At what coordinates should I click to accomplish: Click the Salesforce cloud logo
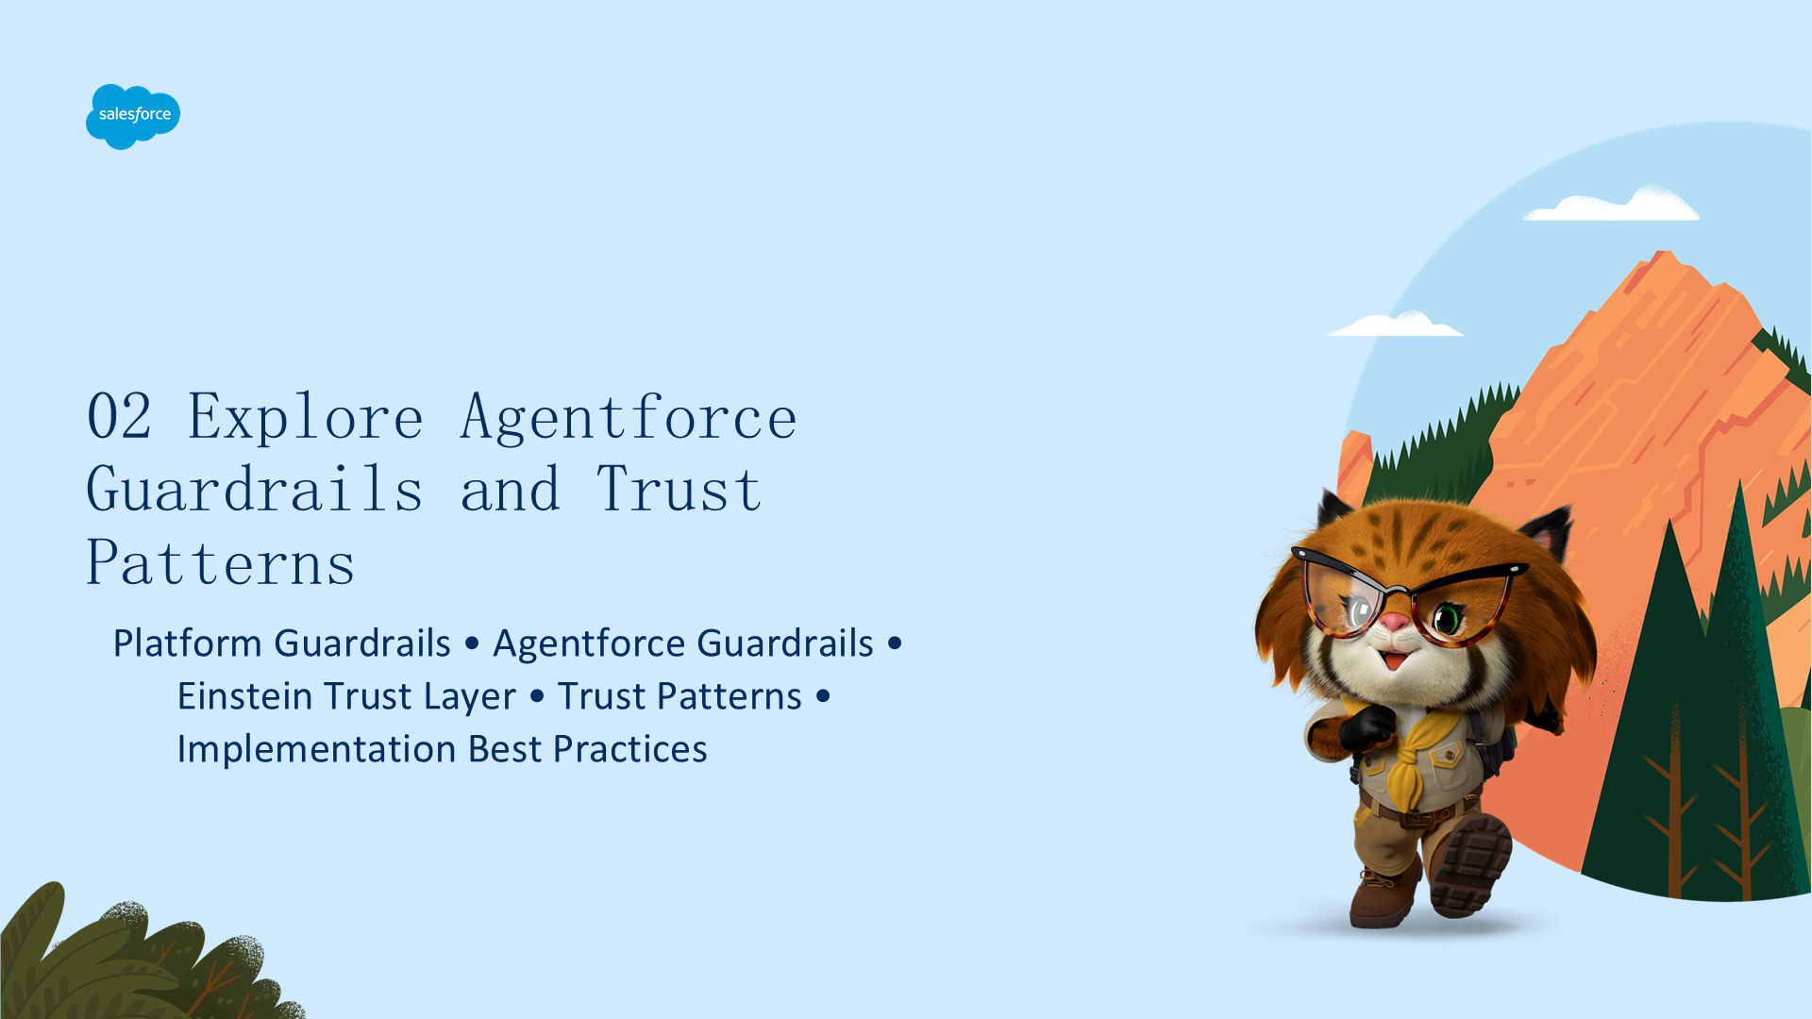point(133,116)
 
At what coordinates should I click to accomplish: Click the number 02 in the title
point(119,416)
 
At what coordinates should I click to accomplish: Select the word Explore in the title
point(305,418)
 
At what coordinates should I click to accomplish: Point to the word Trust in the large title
point(679,489)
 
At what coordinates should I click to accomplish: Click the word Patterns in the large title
point(221,562)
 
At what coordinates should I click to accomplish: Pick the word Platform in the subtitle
point(187,643)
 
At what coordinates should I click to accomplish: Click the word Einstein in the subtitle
point(244,695)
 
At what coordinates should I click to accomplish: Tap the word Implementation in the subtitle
point(317,750)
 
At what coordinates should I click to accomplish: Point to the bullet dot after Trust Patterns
point(823,696)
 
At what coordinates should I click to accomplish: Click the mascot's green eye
point(1447,619)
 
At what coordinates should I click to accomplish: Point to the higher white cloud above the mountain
point(1612,205)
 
